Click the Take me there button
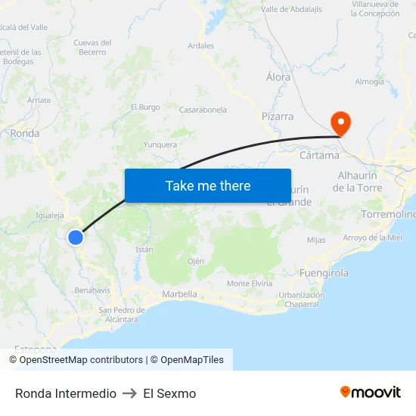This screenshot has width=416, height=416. click(x=208, y=186)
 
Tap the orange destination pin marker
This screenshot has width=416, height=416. click(x=340, y=123)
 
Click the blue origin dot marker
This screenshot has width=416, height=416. click(x=75, y=237)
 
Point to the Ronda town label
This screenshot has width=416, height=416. click(x=25, y=133)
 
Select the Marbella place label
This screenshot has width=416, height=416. click(x=179, y=294)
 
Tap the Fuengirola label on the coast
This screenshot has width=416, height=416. click(x=324, y=272)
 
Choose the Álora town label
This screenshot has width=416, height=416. click(x=278, y=77)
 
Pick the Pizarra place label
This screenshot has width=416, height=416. click(x=277, y=116)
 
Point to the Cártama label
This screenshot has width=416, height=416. click(x=318, y=156)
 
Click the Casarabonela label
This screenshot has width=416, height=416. click(x=203, y=110)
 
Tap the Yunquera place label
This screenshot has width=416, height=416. click(x=160, y=144)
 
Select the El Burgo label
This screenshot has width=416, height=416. click(x=145, y=107)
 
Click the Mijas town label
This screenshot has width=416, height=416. click(x=316, y=241)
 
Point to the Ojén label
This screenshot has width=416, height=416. click(x=196, y=261)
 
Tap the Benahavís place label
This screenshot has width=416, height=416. click(x=92, y=290)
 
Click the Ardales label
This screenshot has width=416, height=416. click(x=200, y=45)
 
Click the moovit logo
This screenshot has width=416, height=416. click(x=370, y=393)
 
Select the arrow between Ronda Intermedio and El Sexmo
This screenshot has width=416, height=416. click(x=129, y=393)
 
